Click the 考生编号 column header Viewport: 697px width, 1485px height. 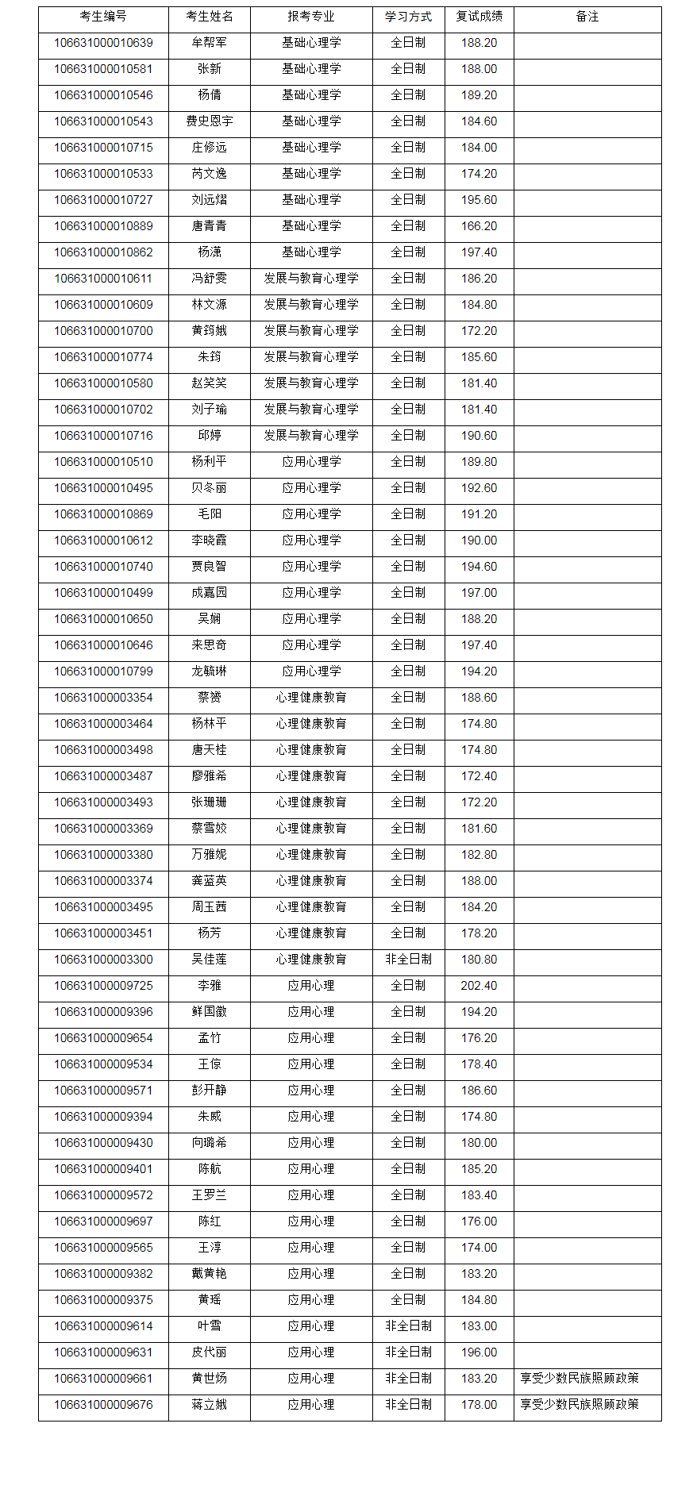103,17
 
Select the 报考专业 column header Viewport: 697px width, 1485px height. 311,17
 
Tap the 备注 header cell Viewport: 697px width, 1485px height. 587,17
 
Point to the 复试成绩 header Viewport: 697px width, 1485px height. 479,17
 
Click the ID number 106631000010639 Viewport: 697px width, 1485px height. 103,43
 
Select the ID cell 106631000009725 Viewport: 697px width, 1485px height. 103,986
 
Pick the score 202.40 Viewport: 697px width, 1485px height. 479,986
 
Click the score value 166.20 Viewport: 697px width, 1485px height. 479,226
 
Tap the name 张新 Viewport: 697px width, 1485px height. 210,69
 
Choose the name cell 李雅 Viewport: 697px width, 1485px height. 210,986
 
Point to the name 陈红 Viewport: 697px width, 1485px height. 210,1221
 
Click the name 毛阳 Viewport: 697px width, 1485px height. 210,514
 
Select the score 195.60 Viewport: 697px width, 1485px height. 479,200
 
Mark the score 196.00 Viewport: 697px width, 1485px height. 479,1352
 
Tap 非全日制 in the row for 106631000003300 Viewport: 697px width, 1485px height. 408,960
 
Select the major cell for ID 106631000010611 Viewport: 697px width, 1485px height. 311,279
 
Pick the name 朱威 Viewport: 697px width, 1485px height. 210,1117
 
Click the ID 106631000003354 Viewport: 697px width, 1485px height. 103,698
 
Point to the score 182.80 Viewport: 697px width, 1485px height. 479,855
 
